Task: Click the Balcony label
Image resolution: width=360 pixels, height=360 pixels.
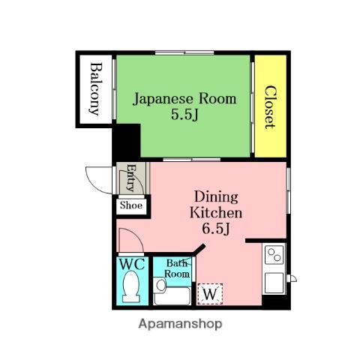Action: tap(96, 88)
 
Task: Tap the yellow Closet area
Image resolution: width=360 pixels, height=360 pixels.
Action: tap(271, 106)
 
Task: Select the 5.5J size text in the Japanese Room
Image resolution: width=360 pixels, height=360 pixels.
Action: tap(184, 115)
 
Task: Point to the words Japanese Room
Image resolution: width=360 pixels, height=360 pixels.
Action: tap(184, 99)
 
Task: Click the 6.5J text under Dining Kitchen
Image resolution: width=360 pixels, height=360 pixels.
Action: tap(216, 228)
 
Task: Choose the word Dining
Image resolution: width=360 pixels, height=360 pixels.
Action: tap(216, 197)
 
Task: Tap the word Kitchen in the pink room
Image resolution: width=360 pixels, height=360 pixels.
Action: tap(216, 213)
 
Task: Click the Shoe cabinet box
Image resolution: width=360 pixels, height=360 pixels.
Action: tap(131, 206)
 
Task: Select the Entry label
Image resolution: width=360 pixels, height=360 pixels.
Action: tap(130, 178)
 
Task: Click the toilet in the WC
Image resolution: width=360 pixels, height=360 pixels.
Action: tap(131, 287)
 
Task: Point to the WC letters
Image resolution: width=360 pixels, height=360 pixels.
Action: tap(132, 264)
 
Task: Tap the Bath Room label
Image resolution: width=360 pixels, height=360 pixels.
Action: tap(177, 268)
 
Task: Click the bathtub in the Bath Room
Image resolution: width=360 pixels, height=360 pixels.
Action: tap(172, 295)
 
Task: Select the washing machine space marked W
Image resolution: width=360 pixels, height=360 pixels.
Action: tap(210, 294)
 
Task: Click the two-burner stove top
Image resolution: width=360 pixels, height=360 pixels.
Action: tap(274, 255)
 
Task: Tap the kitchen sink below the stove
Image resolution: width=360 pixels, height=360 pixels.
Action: tap(274, 283)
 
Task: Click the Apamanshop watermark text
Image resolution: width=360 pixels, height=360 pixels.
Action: tap(180, 324)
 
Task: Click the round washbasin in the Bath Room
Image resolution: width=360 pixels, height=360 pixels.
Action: tap(160, 285)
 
